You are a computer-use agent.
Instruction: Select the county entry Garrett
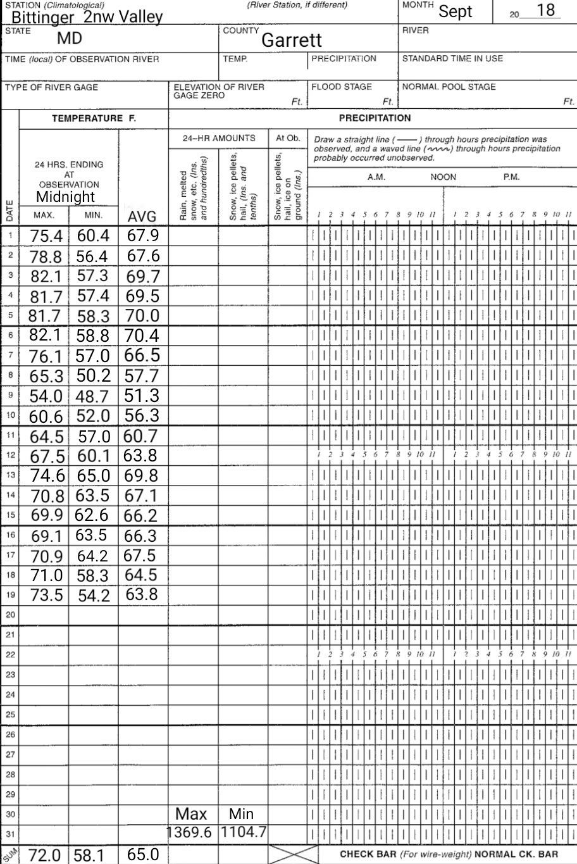pos(292,41)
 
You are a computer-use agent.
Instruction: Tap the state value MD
pos(70,38)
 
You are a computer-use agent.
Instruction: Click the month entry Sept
pos(456,11)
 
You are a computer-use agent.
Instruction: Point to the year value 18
pos(545,11)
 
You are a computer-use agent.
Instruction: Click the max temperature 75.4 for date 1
pos(46,236)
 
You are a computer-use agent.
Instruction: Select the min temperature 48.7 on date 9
pos(93,396)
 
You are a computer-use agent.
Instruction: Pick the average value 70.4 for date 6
pos(142,336)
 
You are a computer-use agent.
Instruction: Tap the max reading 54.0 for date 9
pos(46,396)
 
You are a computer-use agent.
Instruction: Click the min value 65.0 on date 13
pos(93,476)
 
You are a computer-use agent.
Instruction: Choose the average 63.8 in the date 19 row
pos(142,595)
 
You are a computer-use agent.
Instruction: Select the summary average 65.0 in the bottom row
pos(142,855)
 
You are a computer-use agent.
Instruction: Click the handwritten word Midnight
pos(65,196)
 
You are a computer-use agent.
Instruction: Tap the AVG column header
pos(142,217)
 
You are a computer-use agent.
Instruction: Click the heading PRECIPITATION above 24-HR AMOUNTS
pos(375,118)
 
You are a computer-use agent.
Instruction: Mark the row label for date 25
pos(10,715)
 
